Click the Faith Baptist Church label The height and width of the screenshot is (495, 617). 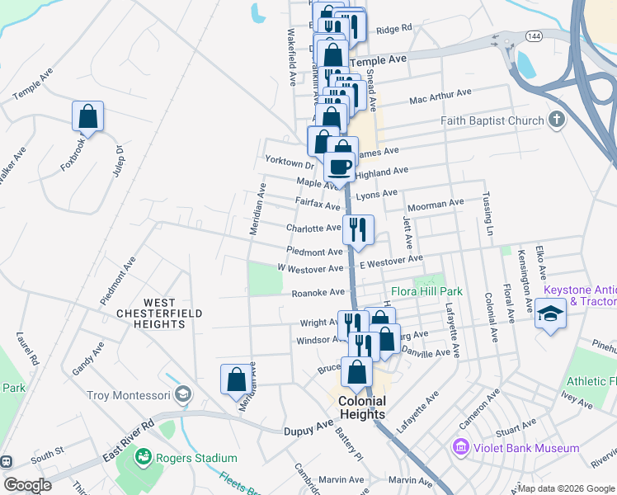pos(492,120)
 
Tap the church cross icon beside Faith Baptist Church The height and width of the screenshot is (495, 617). pos(557,120)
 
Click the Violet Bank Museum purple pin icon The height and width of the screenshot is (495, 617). pos(459,448)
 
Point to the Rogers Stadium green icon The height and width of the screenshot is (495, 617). pos(144,456)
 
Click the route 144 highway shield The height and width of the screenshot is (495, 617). pos(533,36)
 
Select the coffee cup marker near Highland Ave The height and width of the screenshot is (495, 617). pos(340,167)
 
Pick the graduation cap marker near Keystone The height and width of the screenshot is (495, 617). pos(550,314)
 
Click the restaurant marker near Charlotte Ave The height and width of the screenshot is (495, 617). pos(357,229)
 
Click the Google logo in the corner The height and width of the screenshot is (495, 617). pos(28,484)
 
